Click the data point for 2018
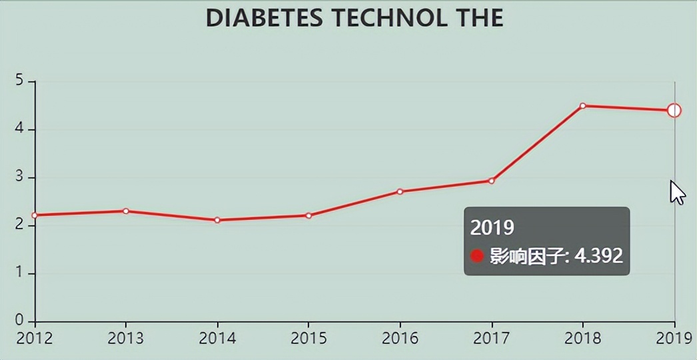[x=582, y=106]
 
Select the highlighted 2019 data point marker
[x=674, y=110]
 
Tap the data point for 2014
[x=217, y=220]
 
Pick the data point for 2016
[x=400, y=191]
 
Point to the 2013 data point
[x=125, y=211]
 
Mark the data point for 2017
[x=491, y=181]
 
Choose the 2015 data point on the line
[x=309, y=215]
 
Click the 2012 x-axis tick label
[x=35, y=338]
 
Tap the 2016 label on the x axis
[x=400, y=338]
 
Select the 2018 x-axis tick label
[x=582, y=338]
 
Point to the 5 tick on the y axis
[x=19, y=81]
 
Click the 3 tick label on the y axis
[x=19, y=177]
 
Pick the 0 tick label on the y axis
[x=19, y=321]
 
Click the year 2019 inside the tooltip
[x=492, y=227]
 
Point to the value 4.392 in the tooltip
[x=598, y=256]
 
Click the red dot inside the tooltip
[x=476, y=256]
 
